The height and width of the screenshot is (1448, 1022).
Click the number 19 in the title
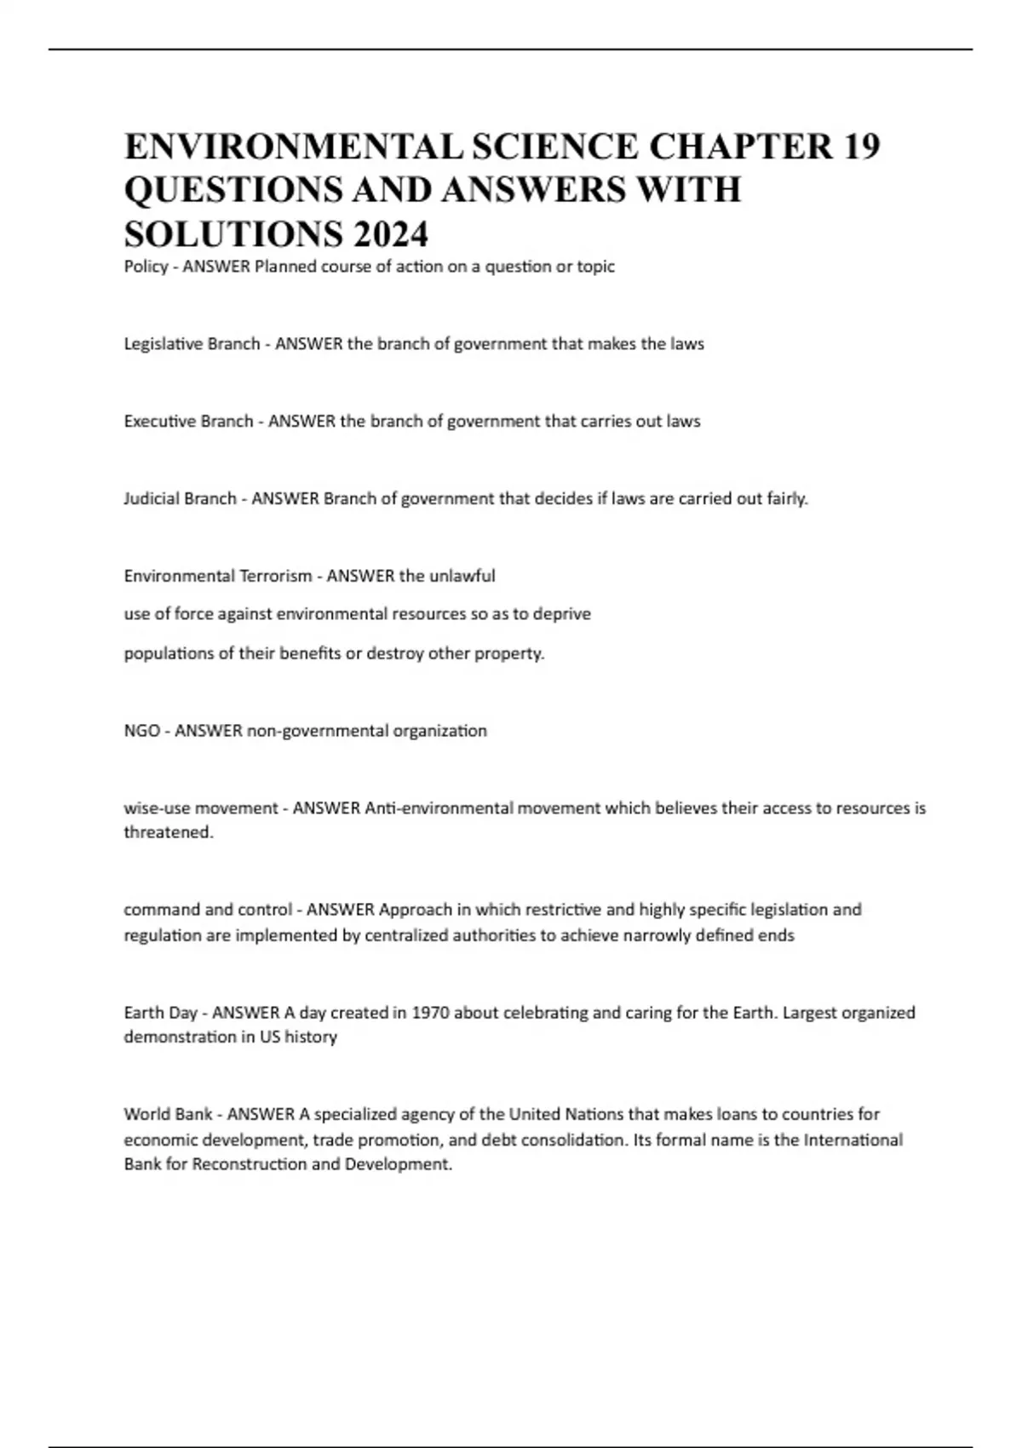[861, 147]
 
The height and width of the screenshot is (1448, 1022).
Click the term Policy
[146, 267]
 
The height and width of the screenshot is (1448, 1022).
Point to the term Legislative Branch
[192, 344]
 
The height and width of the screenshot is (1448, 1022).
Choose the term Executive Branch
[188, 422]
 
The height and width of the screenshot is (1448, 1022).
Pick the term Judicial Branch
[180, 499]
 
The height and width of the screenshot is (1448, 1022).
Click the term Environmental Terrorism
[218, 577]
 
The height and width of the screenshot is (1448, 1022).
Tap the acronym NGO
[141, 731]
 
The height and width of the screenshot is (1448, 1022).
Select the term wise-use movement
[201, 808]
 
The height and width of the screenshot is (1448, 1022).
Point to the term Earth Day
[160, 1013]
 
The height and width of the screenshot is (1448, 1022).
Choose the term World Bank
[168, 1114]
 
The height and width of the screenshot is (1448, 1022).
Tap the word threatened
[168, 832]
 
